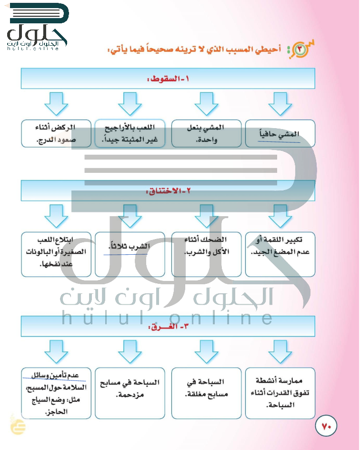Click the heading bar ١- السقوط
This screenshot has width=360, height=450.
(x=168, y=79)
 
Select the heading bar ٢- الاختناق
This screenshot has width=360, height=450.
(x=168, y=191)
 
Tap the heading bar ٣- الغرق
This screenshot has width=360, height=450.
(x=168, y=327)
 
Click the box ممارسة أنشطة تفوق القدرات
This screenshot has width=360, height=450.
(x=280, y=393)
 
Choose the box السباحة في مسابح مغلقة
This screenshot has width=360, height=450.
(x=206, y=393)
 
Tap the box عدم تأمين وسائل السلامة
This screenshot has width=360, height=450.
(x=56, y=393)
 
